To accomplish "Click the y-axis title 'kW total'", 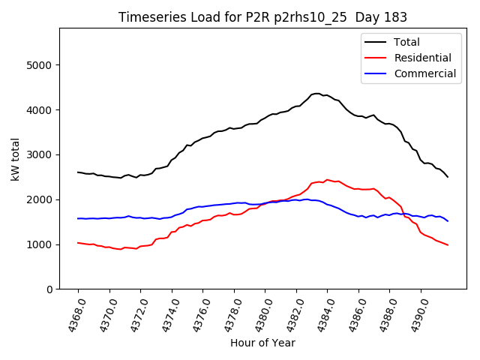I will pos(16,159).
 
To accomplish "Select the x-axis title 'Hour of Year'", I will pos(262,343).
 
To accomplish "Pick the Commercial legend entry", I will pos(424,73).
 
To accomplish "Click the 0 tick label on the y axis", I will pos(49,289).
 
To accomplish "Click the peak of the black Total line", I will pos(316,94).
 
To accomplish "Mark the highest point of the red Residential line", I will pos(327,180).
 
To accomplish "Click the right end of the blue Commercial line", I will pos(448,220).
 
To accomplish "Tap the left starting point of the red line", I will pos(78,243).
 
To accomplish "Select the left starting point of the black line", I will pos(78,172).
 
